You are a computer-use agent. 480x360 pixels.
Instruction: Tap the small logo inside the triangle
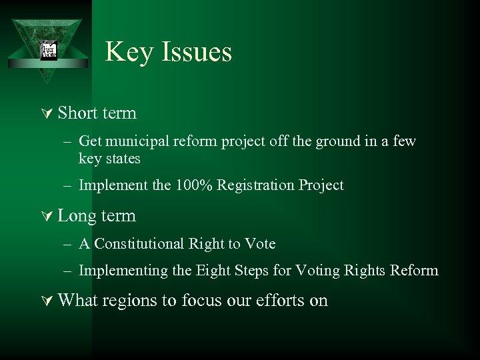click(49, 51)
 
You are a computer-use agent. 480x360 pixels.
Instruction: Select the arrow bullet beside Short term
click(47, 114)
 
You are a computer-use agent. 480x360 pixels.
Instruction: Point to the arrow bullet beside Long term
click(47, 217)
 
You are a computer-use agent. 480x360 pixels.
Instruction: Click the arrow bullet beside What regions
click(47, 301)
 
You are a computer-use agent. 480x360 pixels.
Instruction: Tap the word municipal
click(136, 141)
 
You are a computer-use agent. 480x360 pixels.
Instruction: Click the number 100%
click(194, 185)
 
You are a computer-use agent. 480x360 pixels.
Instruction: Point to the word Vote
click(261, 244)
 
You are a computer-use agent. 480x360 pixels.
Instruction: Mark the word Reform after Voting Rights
click(416, 270)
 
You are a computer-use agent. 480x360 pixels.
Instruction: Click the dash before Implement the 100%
click(69, 185)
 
